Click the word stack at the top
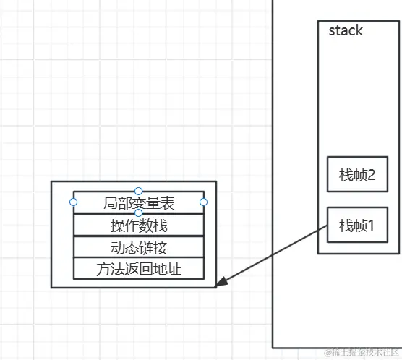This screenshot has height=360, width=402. pos(346,31)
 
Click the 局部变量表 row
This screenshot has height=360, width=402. pos(139,202)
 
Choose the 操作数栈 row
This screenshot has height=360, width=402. pos(139,225)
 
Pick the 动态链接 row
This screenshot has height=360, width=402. pos(139,247)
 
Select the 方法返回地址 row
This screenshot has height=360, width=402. pos(139,270)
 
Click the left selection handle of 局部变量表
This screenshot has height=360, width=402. pos(73,202)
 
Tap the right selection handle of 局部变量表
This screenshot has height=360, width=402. pos(204,202)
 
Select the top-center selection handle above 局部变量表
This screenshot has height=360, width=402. pos(139,191)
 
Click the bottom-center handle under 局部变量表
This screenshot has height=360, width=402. pos(139,213)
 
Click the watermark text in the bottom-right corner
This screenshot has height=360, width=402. pos(362,352)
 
